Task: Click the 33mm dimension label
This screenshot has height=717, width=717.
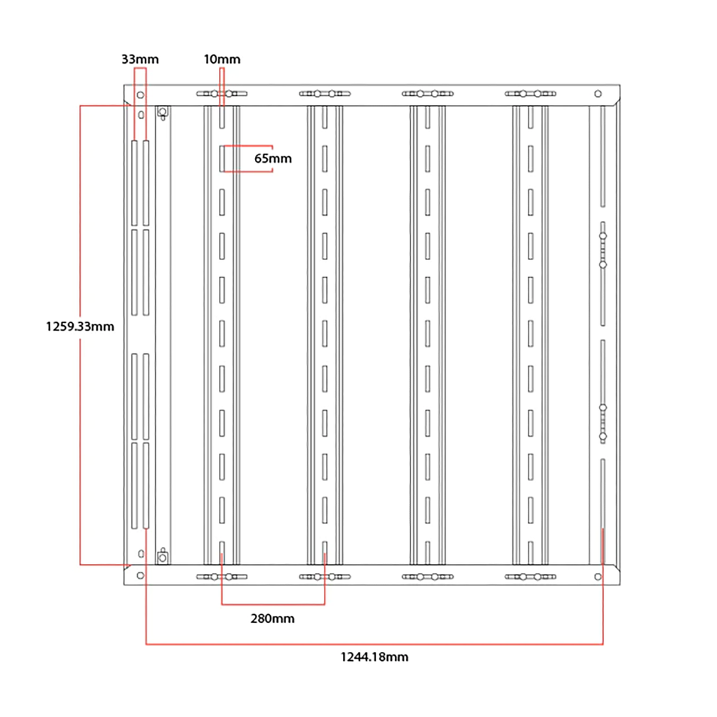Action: coord(140,59)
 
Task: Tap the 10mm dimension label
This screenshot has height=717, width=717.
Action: coord(222,59)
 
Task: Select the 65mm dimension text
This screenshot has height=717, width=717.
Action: coord(273,158)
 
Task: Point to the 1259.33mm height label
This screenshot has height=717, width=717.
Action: coord(80,327)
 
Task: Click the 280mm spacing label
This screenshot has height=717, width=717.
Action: coord(272,619)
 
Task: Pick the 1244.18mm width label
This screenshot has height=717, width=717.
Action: coord(375,657)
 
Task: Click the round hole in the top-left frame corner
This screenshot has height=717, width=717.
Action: coord(140,95)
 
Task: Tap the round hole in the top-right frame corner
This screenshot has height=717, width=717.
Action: coord(598,94)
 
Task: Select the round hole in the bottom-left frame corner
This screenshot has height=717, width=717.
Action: coord(140,576)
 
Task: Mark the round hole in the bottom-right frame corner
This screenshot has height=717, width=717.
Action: coord(598,577)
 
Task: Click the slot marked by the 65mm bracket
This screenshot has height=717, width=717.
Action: coord(222,158)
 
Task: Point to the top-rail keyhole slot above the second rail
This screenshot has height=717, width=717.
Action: coord(325,94)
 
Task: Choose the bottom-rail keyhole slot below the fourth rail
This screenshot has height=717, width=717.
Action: coord(531,577)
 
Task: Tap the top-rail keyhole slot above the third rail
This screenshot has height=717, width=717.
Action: coord(428,94)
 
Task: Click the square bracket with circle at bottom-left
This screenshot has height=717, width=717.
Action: coord(162,557)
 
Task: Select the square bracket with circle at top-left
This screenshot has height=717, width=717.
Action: coord(162,113)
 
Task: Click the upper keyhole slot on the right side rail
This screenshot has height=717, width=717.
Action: coord(603,250)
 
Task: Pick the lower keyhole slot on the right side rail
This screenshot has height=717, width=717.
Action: coord(603,422)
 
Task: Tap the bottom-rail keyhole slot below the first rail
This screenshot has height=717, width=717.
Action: coord(222,577)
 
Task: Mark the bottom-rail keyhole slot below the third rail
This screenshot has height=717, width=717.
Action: coord(428,577)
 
